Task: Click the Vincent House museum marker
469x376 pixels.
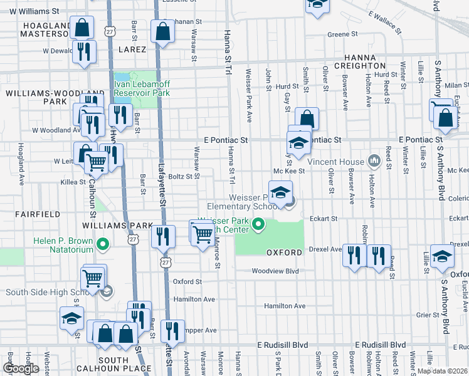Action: click(x=375, y=161)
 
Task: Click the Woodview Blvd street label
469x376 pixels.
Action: click(x=275, y=271)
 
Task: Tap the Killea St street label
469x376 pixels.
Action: click(x=73, y=182)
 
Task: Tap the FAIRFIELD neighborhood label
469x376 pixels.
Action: click(x=40, y=214)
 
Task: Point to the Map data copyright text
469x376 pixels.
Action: click(x=442, y=371)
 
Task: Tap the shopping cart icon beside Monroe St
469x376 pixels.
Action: click(x=202, y=234)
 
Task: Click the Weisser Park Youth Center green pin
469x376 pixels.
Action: click(x=258, y=223)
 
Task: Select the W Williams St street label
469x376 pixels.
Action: click(x=34, y=11)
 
